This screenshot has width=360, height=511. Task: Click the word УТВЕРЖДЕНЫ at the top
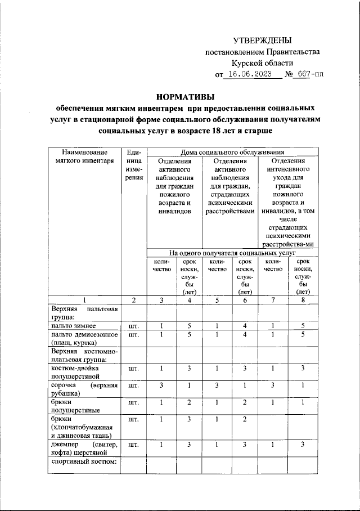tap(263, 40)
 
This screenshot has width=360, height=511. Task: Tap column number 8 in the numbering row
tap(303, 300)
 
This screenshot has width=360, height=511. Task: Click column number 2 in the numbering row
tap(133, 300)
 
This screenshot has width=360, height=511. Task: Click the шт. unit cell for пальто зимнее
tap(133, 325)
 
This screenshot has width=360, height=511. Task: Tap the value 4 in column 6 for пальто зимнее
tap(245, 325)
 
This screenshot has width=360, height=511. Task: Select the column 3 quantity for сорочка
tap(161, 385)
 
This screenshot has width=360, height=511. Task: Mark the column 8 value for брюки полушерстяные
tap(303, 403)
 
